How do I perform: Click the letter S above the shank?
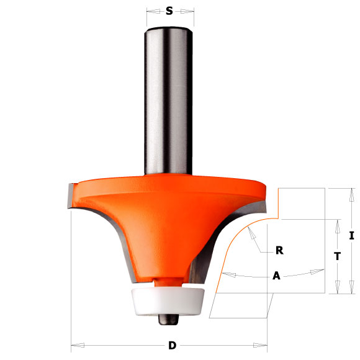[x=169, y=11]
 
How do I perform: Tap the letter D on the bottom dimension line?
[x=171, y=345]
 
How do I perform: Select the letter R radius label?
[x=279, y=251]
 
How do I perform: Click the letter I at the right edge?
[x=351, y=235]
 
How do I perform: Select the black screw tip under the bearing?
[x=168, y=318]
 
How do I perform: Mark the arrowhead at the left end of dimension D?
[x=76, y=344]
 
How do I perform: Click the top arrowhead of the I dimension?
[x=351, y=192]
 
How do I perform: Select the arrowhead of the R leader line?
[x=250, y=230]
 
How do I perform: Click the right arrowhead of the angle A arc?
[x=321, y=270]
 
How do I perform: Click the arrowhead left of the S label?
[x=151, y=11]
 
